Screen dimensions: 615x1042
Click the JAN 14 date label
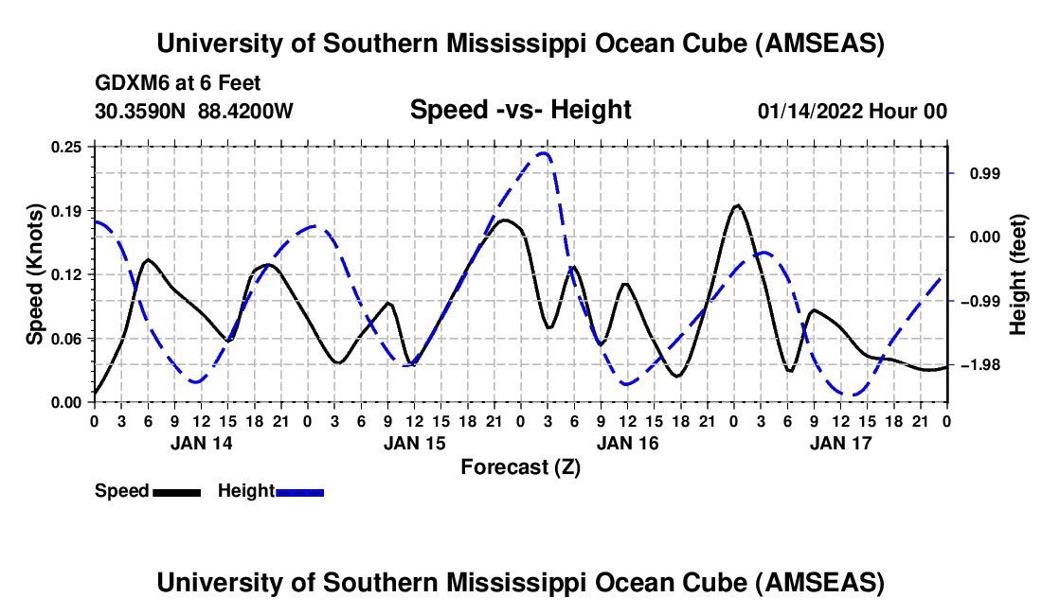click(x=202, y=443)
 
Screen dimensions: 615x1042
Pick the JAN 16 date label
click(x=628, y=443)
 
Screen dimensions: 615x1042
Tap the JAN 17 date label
click(x=841, y=443)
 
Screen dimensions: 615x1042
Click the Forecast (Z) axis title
click(x=520, y=466)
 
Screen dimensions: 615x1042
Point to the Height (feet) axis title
click(x=1018, y=274)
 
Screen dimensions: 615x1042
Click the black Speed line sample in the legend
click(x=176, y=491)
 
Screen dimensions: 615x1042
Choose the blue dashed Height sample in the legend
click(x=299, y=491)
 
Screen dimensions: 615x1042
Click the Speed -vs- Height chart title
click(x=520, y=110)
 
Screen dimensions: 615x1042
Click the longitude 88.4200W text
click(x=245, y=111)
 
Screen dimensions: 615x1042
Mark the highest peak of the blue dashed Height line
click(x=544, y=152)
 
